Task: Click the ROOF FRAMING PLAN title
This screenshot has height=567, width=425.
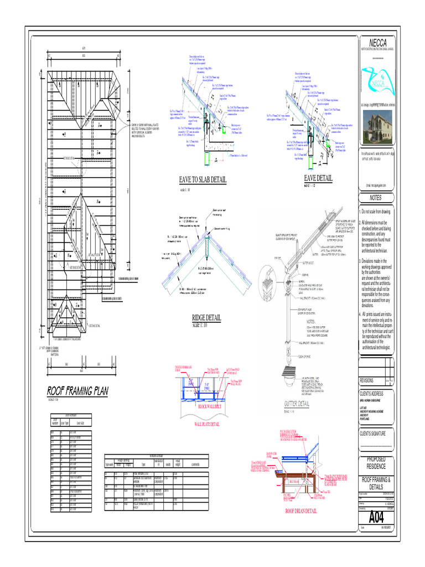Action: [77, 391]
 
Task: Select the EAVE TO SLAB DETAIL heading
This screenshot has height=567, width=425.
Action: [203, 180]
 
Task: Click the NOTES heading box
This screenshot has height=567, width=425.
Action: [376, 198]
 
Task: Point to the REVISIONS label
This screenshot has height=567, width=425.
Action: [367, 381]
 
